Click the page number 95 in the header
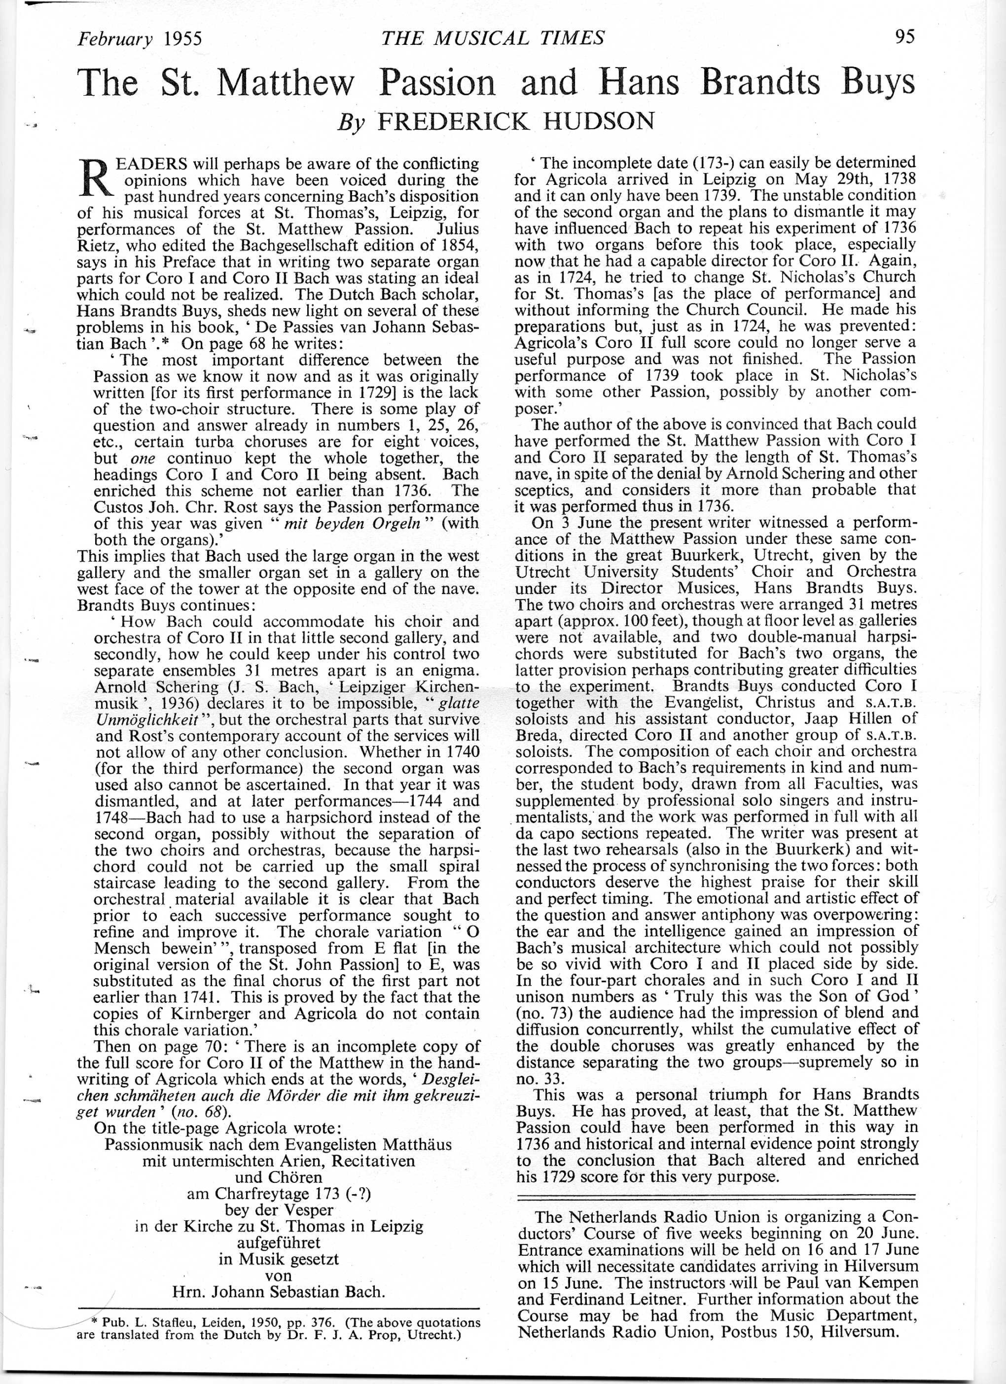point(905,37)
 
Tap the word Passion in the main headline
point(437,84)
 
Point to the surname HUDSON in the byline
point(599,122)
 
